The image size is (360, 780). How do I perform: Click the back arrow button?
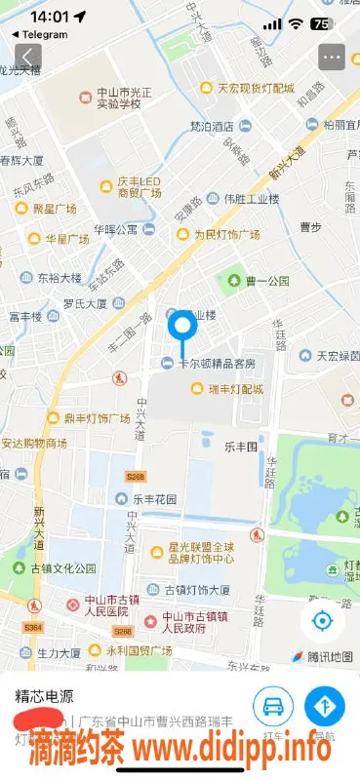click(x=27, y=57)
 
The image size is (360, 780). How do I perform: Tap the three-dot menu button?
click(x=332, y=57)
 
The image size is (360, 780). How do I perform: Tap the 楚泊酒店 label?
click(x=211, y=126)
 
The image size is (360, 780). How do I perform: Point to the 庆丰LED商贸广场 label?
click(x=139, y=186)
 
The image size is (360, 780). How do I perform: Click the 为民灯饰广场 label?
click(x=225, y=235)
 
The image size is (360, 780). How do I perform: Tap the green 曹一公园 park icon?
click(x=233, y=281)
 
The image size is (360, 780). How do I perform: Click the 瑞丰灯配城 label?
click(x=235, y=389)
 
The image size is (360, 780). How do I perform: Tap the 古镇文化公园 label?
click(x=63, y=568)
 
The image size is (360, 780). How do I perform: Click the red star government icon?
click(x=149, y=621)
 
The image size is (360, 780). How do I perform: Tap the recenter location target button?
click(x=321, y=620)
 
